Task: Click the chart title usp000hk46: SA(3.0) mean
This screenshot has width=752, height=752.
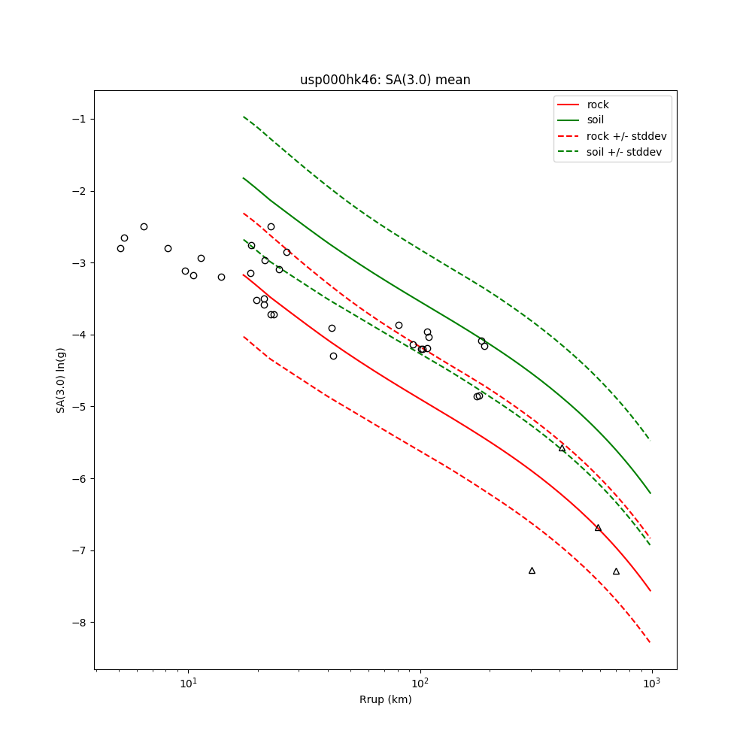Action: click(x=385, y=80)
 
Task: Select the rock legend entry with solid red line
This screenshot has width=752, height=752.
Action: click(x=598, y=105)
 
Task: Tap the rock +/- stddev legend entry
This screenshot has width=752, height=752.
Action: click(x=626, y=136)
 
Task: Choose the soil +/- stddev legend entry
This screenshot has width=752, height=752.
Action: click(x=626, y=152)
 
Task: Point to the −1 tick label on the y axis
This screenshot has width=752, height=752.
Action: click(x=80, y=119)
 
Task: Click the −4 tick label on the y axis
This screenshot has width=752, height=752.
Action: click(x=80, y=335)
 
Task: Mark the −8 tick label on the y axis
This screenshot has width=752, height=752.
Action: click(x=80, y=623)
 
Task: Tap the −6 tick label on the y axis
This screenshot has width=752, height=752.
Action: click(x=80, y=478)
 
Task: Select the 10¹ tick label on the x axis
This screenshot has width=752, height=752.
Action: click(x=189, y=682)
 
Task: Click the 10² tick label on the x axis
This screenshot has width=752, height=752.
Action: click(x=420, y=682)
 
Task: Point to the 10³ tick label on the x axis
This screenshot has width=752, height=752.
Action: click(x=652, y=682)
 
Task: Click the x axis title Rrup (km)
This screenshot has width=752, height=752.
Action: click(x=385, y=699)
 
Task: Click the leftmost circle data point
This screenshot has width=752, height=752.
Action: click(x=120, y=248)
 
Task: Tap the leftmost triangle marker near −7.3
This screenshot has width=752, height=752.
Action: click(x=532, y=571)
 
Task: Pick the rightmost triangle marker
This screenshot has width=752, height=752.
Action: click(x=616, y=572)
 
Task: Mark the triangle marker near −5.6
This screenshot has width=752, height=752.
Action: click(x=562, y=448)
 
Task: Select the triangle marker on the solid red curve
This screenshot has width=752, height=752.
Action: click(x=598, y=528)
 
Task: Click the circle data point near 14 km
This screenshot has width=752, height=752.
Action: click(x=221, y=277)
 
